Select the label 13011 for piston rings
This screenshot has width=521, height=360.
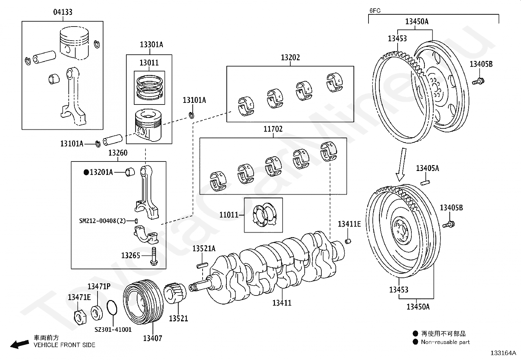pyautogui.click(x=149, y=63)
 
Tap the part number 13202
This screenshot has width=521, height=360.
pyautogui.click(x=290, y=58)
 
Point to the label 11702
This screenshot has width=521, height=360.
pyautogui.click(x=273, y=129)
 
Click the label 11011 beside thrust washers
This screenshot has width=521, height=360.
pyautogui.click(x=229, y=215)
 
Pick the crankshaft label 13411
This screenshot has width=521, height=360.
pyautogui.click(x=282, y=303)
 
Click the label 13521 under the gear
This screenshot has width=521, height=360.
pyautogui.click(x=178, y=318)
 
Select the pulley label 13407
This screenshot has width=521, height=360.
pyautogui.click(x=153, y=338)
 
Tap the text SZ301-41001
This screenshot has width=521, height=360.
pyautogui.click(x=113, y=330)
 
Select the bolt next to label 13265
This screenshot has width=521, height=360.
pyautogui.click(x=153, y=256)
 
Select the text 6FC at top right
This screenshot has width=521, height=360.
pyautogui.click(x=375, y=10)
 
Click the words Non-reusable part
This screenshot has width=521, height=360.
pyautogui.click(x=445, y=342)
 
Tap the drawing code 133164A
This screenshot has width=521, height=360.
pyautogui.click(x=503, y=353)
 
